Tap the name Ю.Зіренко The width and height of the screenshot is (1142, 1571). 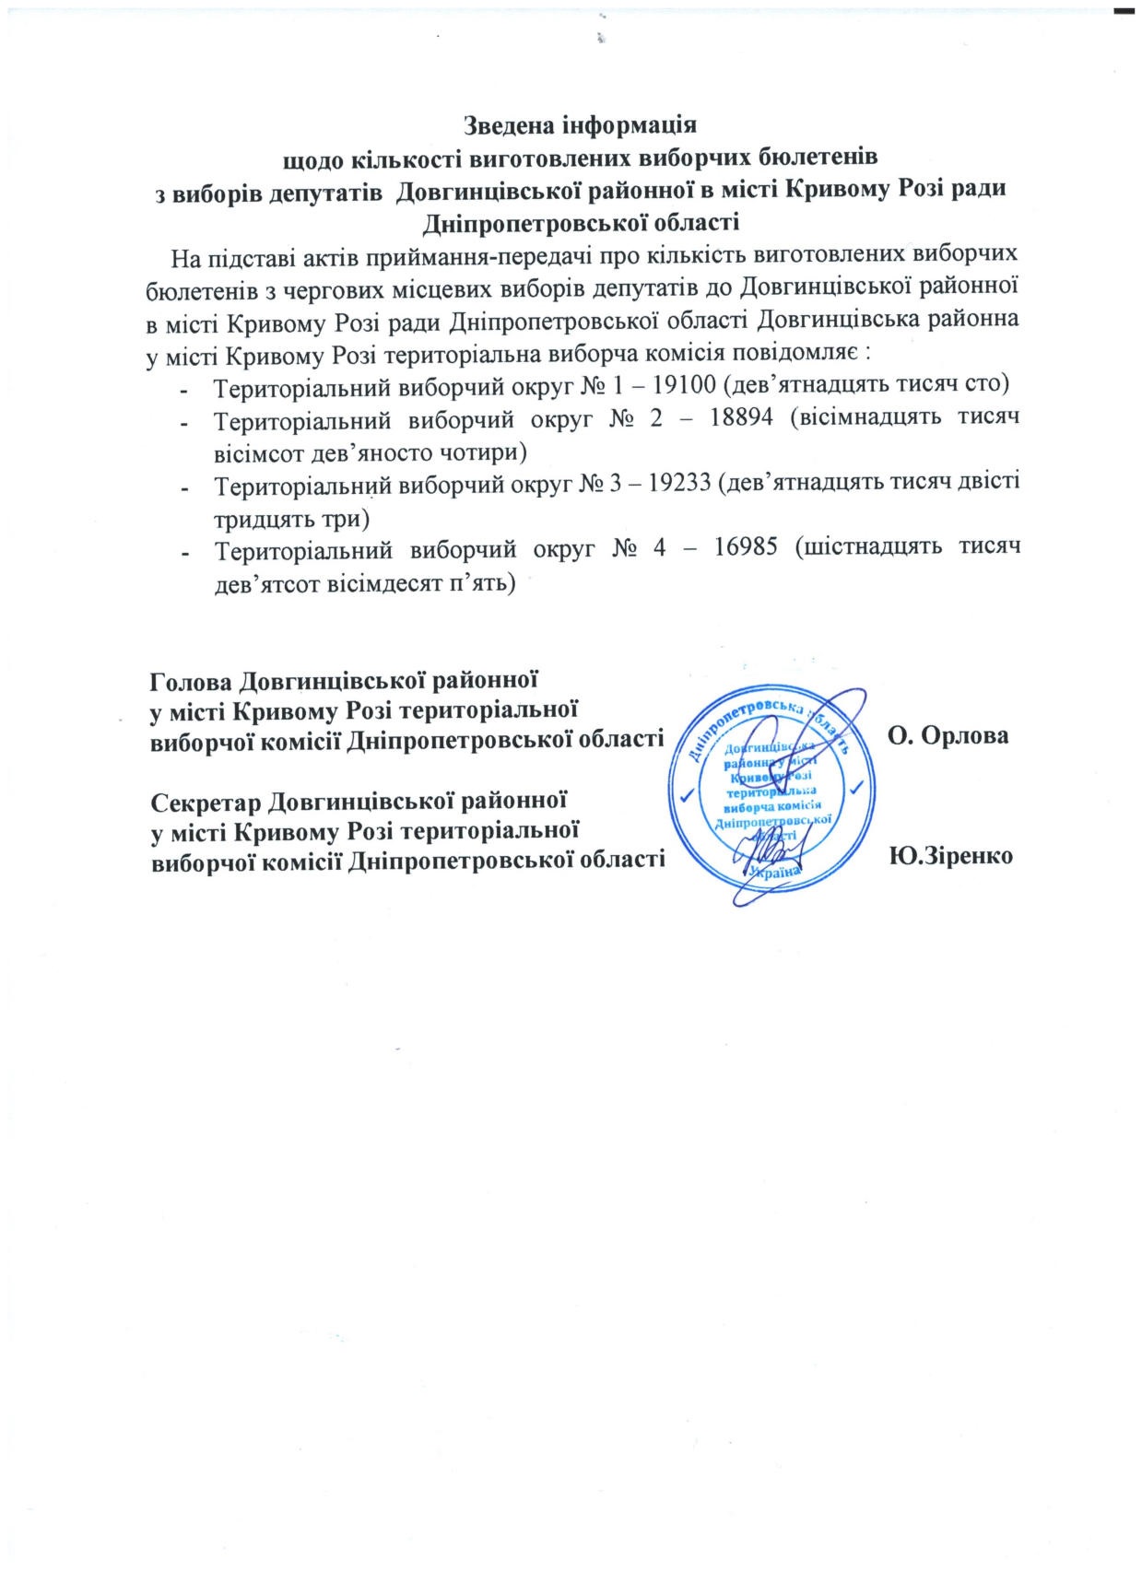pos(951,856)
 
